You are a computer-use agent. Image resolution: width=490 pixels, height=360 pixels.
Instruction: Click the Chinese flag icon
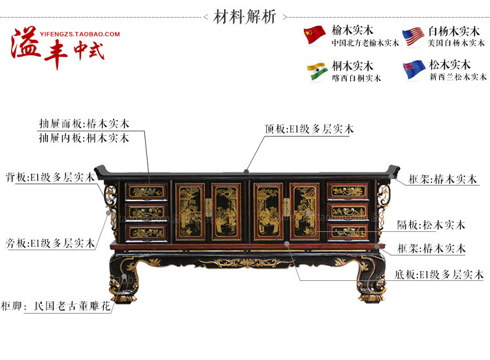[315, 35]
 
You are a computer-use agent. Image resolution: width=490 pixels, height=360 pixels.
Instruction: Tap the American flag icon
[413, 35]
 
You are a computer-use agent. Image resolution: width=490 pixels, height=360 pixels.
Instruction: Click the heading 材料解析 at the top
[245, 16]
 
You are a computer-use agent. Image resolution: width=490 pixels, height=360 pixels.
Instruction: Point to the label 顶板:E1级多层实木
[309, 129]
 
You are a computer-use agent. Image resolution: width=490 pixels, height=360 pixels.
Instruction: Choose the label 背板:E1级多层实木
[50, 178]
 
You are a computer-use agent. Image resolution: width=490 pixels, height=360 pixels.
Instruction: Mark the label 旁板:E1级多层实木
[50, 243]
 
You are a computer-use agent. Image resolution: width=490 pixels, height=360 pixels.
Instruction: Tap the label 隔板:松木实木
[431, 225]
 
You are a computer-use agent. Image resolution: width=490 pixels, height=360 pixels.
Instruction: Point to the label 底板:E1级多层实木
[439, 275]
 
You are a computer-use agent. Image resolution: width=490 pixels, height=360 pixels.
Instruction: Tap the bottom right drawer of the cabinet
[347, 231]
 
